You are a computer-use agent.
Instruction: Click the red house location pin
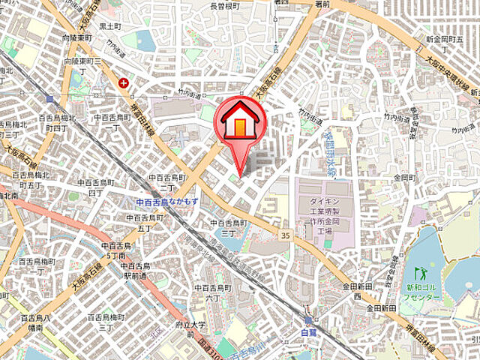[x=240, y=124]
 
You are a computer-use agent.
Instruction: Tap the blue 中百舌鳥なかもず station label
[x=166, y=202]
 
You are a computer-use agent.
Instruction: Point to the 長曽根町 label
[x=224, y=6]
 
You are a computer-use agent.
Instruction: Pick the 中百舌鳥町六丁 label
[x=211, y=292]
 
